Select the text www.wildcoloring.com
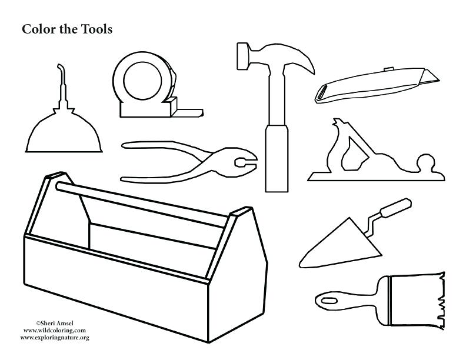click(55, 331)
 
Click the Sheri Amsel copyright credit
click(55, 324)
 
